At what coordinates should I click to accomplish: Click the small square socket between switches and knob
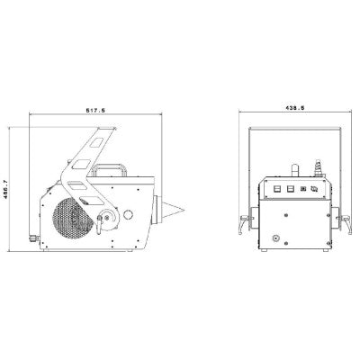(x=301, y=187)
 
